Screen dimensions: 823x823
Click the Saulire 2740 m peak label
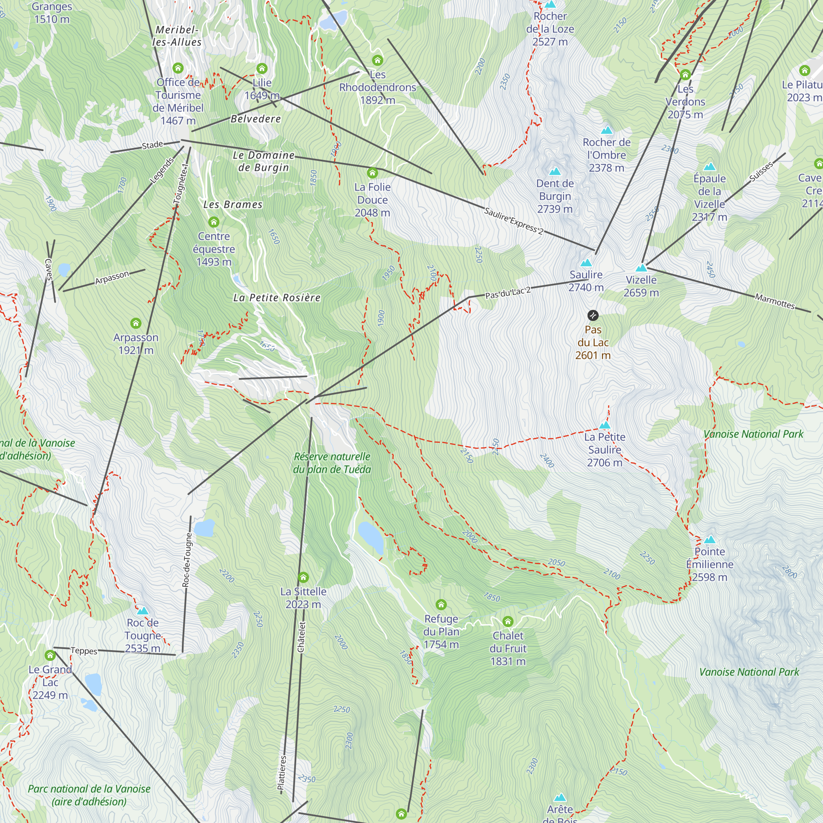tap(586, 281)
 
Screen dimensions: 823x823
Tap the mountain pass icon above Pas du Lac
tap(593, 315)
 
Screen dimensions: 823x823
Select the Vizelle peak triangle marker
tap(641, 268)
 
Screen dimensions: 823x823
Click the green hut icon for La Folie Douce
tap(372, 173)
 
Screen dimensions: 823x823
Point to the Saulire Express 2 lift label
tap(513, 221)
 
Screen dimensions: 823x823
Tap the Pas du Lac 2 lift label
tap(508, 293)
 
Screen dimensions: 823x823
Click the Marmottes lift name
tap(774, 301)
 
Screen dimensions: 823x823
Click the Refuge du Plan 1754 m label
tap(441, 631)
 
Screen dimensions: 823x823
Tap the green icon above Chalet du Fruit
tap(508, 621)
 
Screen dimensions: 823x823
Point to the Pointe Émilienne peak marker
tap(710, 540)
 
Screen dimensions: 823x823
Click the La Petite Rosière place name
tap(277, 298)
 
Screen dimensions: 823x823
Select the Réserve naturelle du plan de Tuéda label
tap(332, 463)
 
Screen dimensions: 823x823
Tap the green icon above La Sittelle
tap(303, 578)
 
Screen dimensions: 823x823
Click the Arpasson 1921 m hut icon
tap(136, 323)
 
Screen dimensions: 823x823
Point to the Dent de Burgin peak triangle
tap(555, 172)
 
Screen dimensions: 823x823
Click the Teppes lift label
tap(84, 651)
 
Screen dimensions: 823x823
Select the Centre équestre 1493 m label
tap(214, 249)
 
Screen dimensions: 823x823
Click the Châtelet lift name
tap(301, 637)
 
